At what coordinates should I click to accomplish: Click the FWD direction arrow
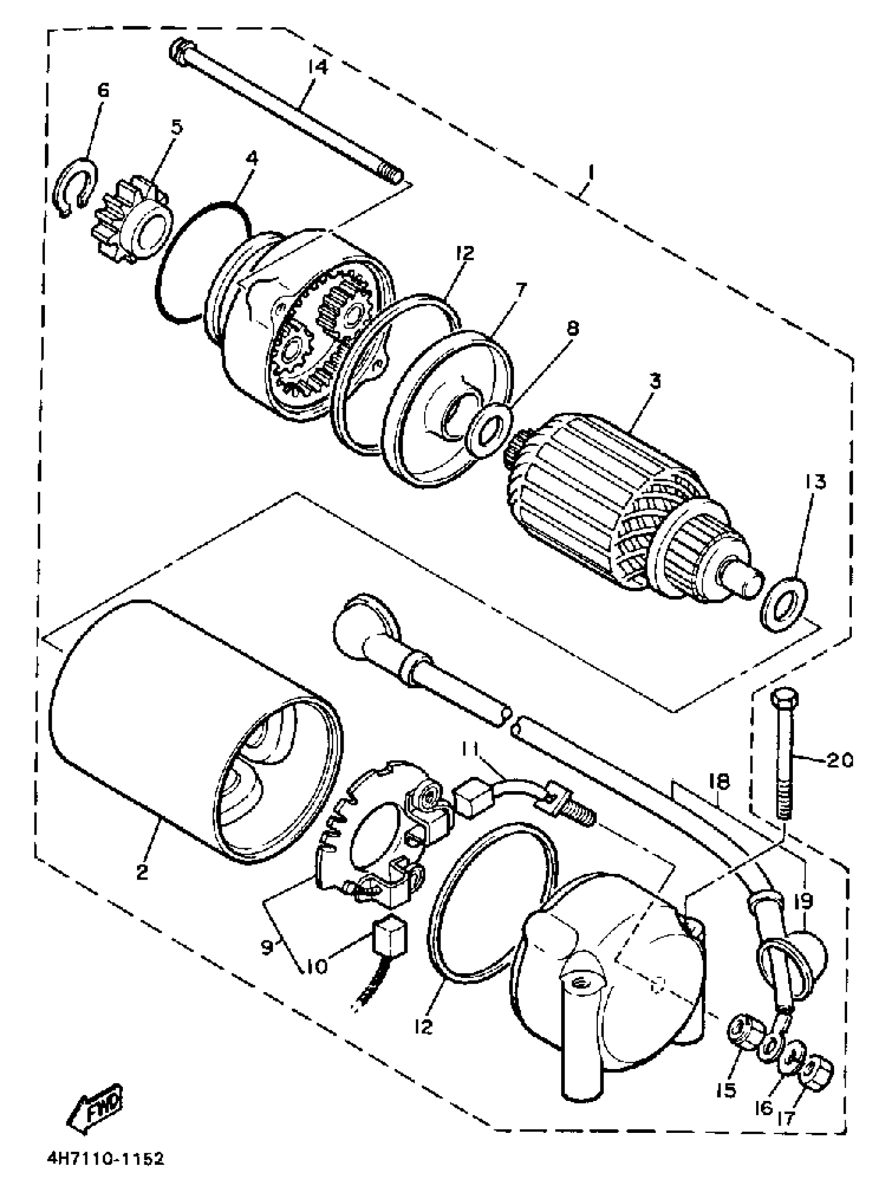(95, 1098)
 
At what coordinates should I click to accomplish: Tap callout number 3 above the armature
(654, 383)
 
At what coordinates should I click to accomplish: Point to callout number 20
(838, 760)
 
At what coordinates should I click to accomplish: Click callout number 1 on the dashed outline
(591, 173)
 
